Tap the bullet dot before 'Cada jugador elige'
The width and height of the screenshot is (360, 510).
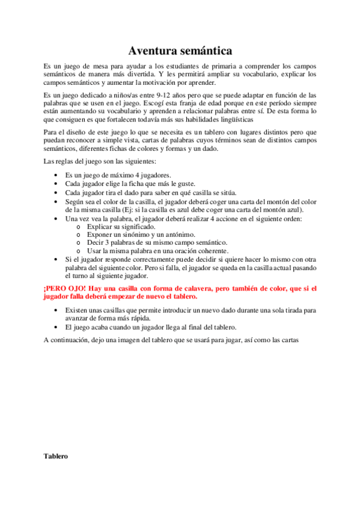click(x=57, y=183)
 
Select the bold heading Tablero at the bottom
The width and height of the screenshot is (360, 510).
click(x=56, y=456)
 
